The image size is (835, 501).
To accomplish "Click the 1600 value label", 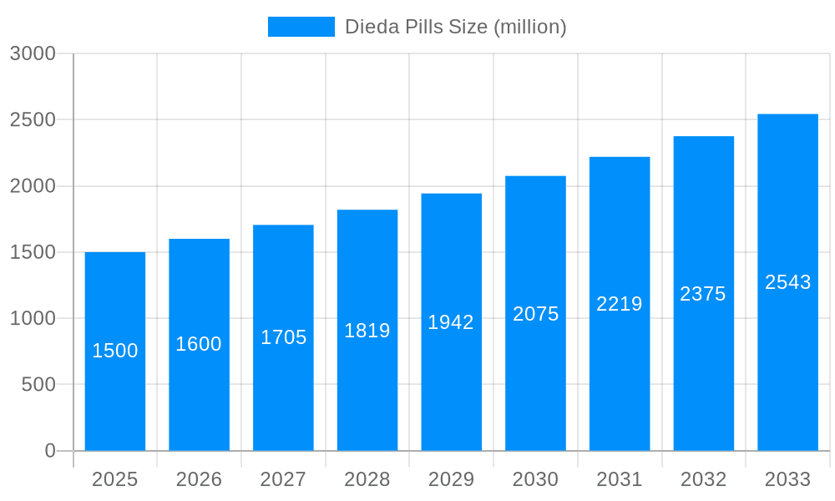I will coord(199,344).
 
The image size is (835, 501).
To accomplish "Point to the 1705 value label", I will coord(284,337).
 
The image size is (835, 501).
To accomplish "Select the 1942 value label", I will coord(451,322).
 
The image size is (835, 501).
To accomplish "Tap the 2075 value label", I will coord(536,314).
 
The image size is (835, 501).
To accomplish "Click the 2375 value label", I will coord(703,294).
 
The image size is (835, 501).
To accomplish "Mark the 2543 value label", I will coord(788,282).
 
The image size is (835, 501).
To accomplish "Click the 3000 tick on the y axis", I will coord(33,54).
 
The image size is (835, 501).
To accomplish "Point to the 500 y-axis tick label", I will coord(38,385).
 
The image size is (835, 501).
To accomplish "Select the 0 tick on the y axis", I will coord(50,451).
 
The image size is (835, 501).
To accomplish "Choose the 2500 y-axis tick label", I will coord(33,120).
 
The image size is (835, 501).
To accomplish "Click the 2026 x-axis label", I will coord(199,479).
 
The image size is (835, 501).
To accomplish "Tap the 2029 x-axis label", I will coord(451,479).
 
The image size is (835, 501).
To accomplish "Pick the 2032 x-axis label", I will coord(703,479).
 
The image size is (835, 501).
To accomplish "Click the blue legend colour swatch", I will coord(301,27).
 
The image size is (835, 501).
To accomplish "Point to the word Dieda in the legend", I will coord(368,27).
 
